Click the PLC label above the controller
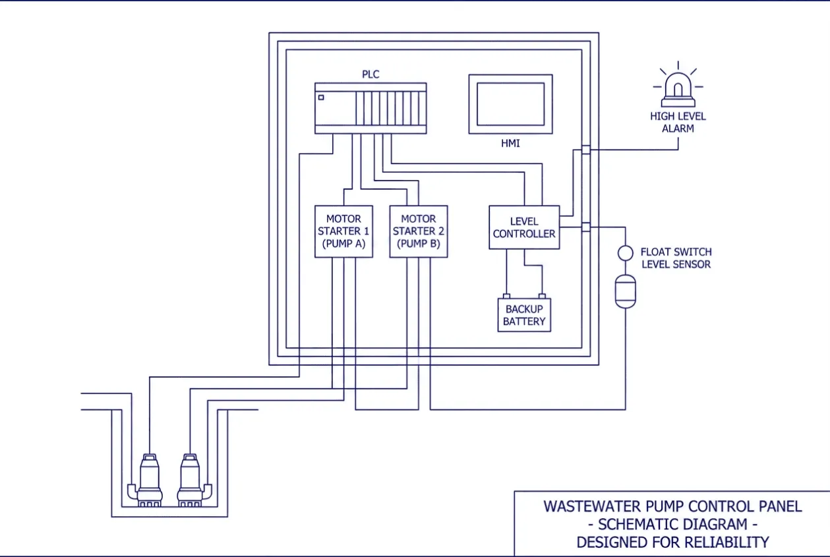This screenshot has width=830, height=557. click(x=371, y=74)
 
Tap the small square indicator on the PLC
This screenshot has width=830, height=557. click(x=321, y=98)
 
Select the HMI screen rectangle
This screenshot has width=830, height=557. click(x=511, y=104)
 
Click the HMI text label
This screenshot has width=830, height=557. click(x=511, y=144)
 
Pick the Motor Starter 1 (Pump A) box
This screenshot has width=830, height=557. click(x=344, y=231)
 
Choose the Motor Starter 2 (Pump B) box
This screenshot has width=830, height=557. click(x=419, y=231)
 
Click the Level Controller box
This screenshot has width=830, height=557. click(x=524, y=227)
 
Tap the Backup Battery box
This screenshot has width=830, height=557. click(x=524, y=315)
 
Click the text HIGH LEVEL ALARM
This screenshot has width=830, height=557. click(x=678, y=123)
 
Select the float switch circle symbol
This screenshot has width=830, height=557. click(x=626, y=253)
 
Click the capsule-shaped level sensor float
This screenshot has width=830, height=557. click(x=626, y=291)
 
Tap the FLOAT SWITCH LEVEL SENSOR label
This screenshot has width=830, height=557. click(x=676, y=258)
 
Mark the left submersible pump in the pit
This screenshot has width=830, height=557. click(x=149, y=481)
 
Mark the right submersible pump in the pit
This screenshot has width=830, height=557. click(x=191, y=481)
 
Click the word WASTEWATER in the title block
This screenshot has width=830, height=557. click(x=592, y=507)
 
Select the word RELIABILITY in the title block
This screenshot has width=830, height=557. click(x=726, y=542)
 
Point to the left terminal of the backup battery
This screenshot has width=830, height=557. click(x=506, y=296)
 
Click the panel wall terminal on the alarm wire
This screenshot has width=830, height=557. click(x=586, y=150)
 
